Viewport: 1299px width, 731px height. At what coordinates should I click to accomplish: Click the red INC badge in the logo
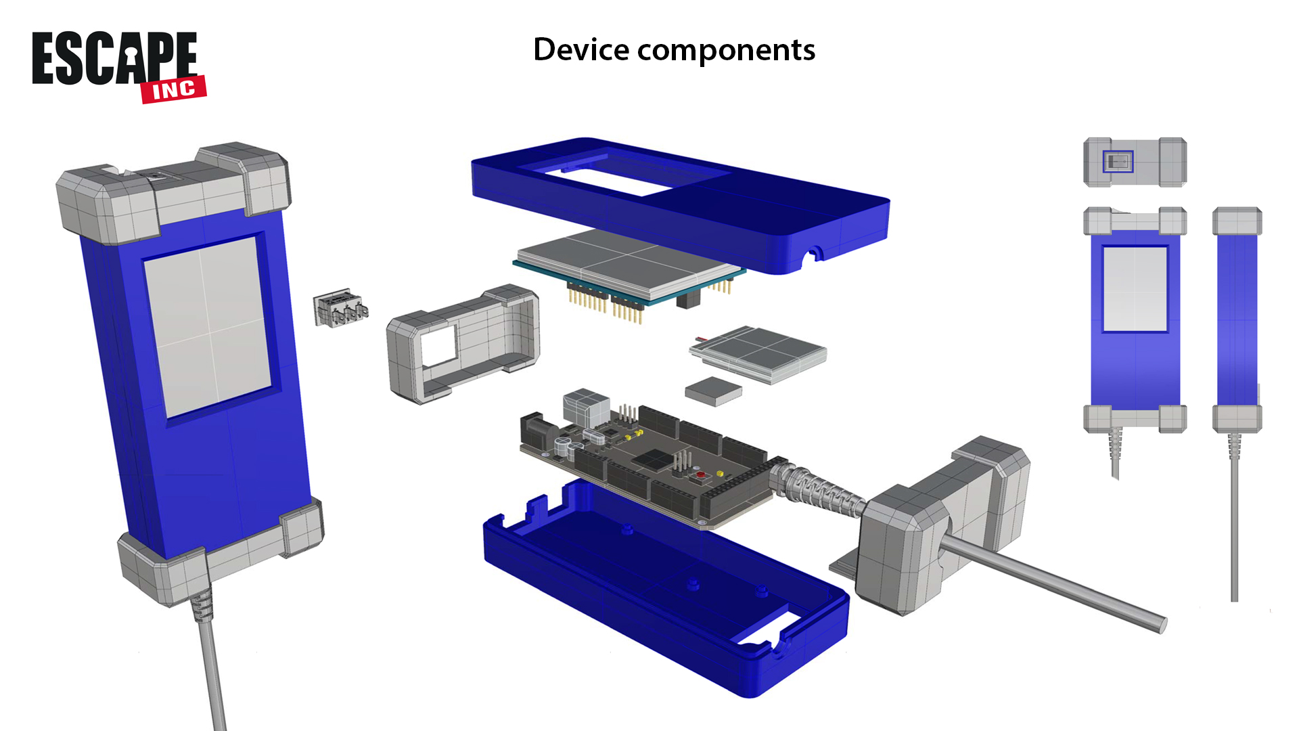(174, 89)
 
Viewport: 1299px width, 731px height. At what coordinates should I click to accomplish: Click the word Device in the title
(581, 49)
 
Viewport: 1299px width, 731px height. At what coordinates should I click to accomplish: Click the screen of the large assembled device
(207, 326)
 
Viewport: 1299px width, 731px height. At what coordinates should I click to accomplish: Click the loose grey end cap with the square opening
(463, 344)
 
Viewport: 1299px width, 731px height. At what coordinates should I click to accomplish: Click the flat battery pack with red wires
(758, 353)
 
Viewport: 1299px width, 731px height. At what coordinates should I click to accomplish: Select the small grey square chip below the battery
(713, 391)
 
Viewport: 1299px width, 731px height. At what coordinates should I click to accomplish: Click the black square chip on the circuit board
(654, 460)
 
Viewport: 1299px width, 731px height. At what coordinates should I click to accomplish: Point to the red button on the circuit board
(700, 475)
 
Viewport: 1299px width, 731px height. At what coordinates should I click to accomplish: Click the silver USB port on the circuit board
(586, 406)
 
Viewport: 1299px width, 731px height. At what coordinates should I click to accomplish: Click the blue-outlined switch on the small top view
(1118, 161)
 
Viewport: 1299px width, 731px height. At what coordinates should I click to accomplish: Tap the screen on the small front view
(1135, 289)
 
